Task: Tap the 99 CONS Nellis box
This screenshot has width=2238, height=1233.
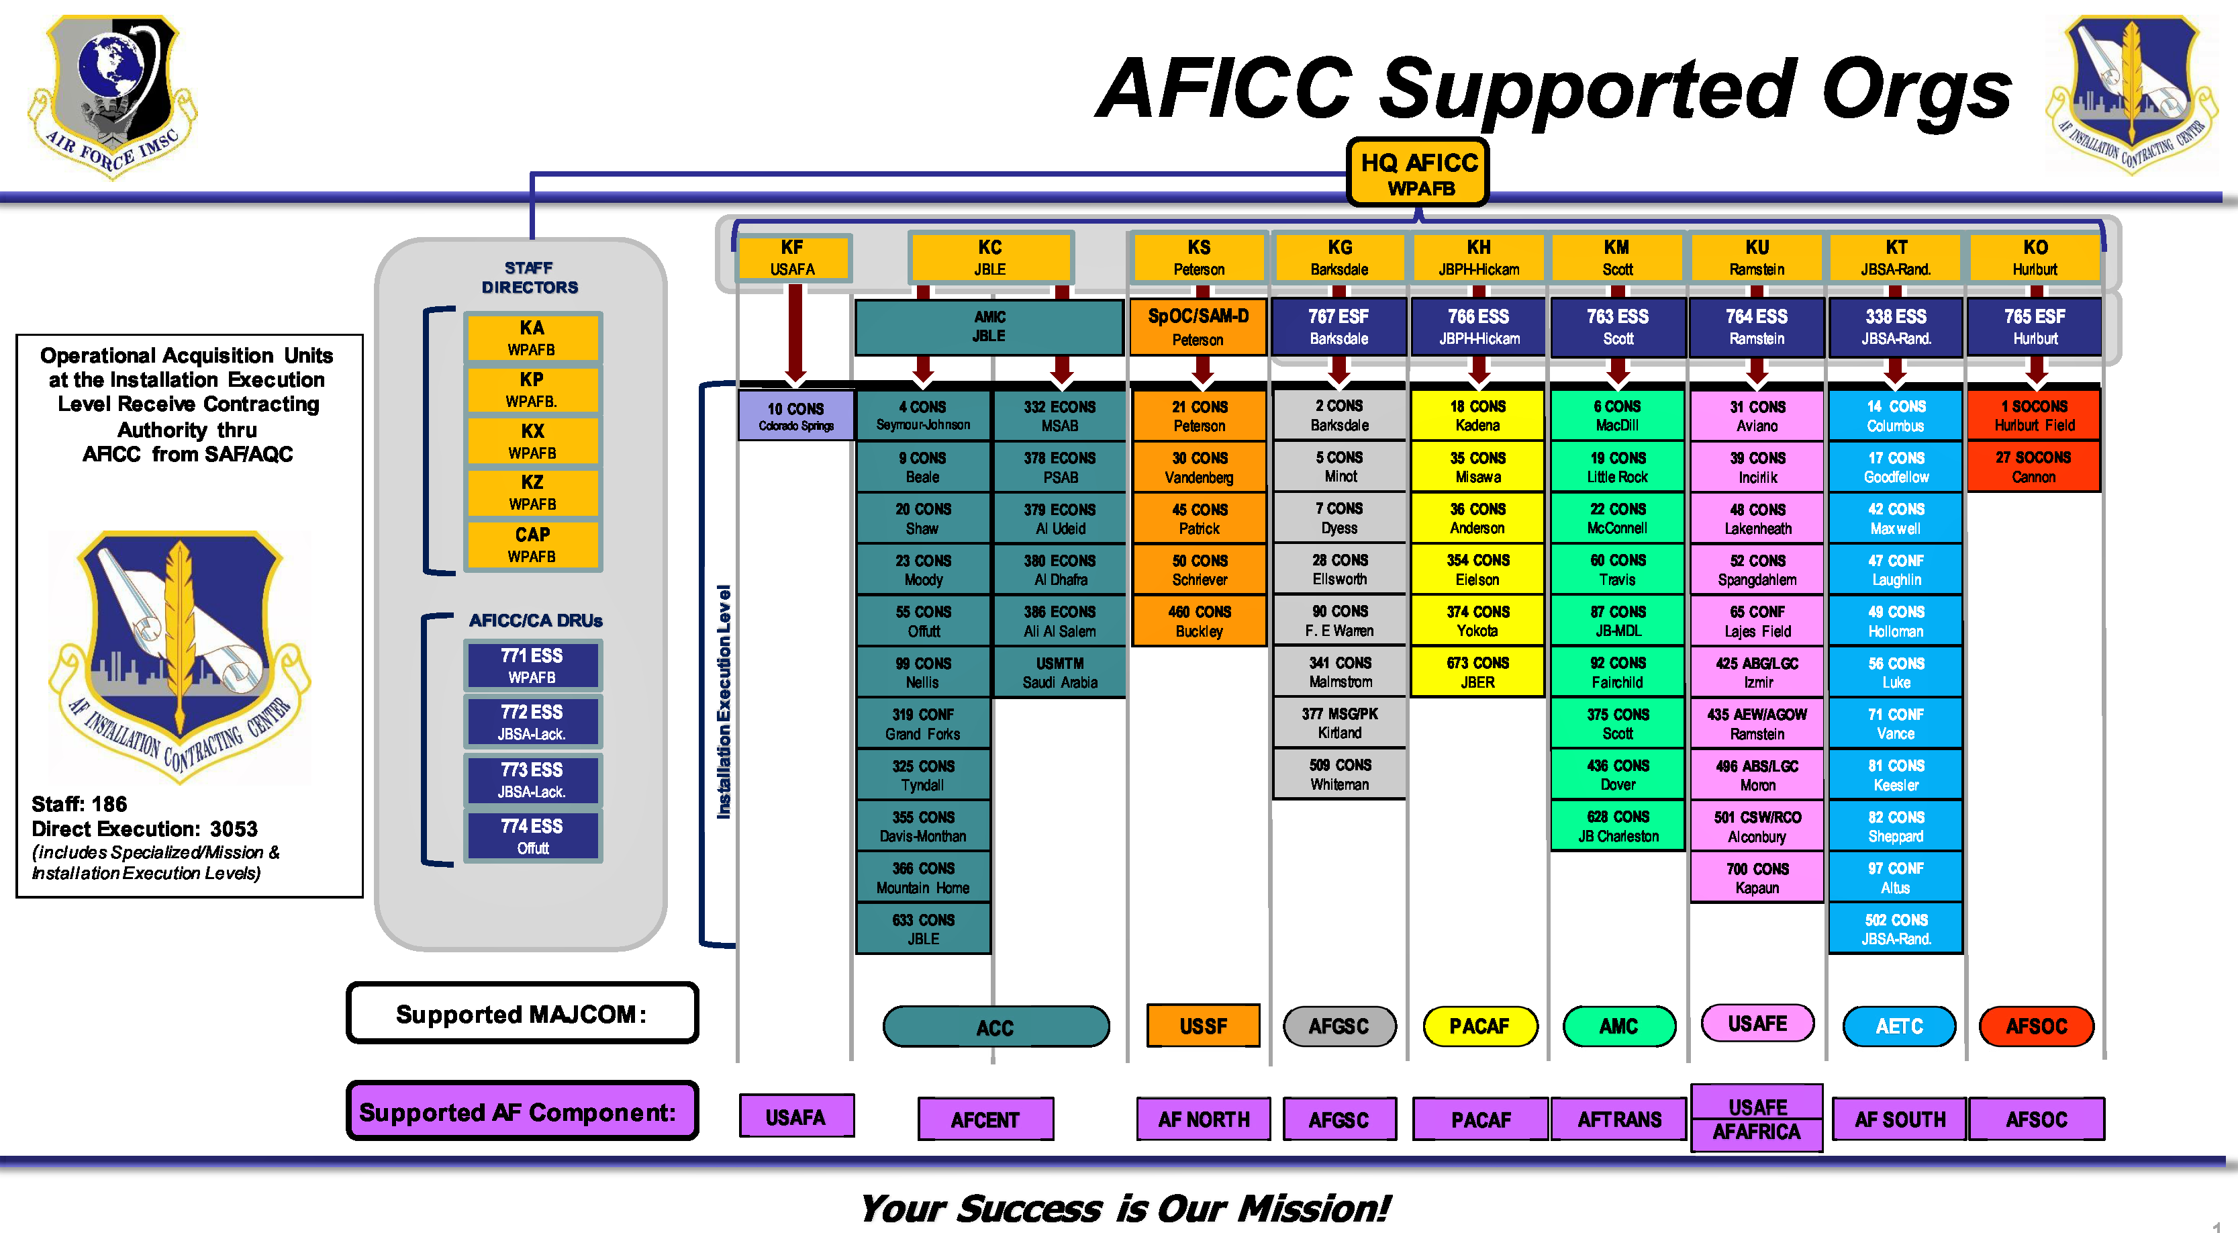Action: pos(922,672)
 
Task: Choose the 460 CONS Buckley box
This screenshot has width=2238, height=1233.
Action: pos(1199,621)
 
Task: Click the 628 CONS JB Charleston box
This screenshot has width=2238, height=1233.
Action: pos(1618,825)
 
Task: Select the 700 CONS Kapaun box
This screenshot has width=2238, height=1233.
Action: pos(1757,877)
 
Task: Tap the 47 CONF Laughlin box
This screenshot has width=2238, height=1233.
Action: pos(1896,569)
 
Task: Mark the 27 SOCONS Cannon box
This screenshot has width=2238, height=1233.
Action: pos(2033,467)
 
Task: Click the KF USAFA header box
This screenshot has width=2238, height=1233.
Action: pos(792,257)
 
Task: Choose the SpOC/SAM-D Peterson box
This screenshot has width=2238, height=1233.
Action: pos(1198,326)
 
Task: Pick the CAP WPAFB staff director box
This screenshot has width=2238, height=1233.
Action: pos(532,544)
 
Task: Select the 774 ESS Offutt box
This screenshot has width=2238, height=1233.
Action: pos(532,835)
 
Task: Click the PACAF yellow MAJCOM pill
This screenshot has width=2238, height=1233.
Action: pos(1479,1026)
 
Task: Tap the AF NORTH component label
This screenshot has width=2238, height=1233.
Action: pos(1204,1120)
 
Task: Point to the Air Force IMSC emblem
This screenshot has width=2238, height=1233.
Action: pos(113,95)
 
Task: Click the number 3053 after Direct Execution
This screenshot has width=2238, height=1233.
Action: pos(234,828)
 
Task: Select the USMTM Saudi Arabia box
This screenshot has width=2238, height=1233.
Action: pos(1060,672)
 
